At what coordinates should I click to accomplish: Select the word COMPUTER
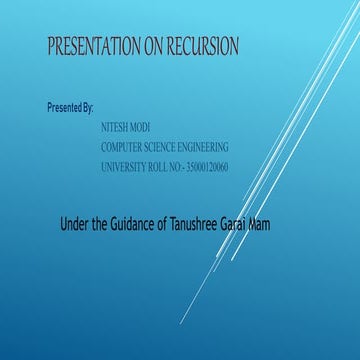tap(125, 147)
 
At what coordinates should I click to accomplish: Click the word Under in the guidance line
tap(76, 224)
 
